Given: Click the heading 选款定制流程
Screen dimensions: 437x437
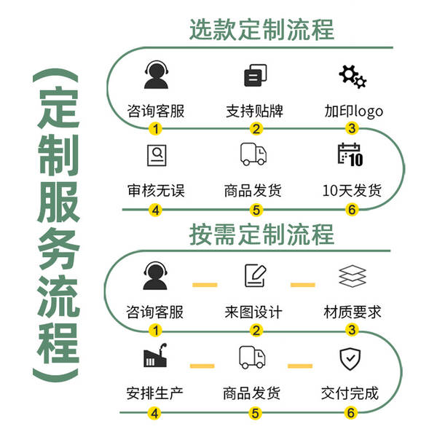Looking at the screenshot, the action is pos(261,30).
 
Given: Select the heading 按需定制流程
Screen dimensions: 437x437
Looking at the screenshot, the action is pos(261,235).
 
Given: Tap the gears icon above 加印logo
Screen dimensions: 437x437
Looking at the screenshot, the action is pos(353,76).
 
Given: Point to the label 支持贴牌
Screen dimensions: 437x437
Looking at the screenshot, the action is pos(254,111).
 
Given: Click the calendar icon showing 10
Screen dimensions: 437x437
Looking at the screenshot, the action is pos(350,154).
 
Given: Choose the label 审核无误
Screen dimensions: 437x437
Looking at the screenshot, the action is pos(156,191).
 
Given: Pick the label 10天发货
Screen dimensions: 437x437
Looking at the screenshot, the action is pos(352,191).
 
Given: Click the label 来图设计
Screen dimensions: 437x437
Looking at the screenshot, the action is pos(253,312).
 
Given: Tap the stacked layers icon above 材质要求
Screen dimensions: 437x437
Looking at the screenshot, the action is pos(353,276).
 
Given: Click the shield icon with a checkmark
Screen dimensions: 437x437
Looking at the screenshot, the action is pos(350,358).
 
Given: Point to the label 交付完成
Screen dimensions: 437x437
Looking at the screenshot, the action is pos(350,393).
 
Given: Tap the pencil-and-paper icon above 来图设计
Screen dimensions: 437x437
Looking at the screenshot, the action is pos(256,275).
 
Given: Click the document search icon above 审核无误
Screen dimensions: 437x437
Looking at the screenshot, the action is pos(157,155).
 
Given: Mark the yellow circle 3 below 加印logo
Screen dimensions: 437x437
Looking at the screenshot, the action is pos(352,128).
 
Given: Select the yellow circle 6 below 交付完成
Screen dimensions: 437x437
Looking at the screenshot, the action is pos(350,413).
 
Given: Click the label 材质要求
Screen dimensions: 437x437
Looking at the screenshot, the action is pos(353,312).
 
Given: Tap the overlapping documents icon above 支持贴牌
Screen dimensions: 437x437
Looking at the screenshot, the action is pos(256,75).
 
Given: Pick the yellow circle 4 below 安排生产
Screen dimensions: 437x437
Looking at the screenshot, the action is pos(154,413).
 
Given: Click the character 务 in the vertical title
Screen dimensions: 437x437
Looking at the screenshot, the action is pos(58,249).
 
